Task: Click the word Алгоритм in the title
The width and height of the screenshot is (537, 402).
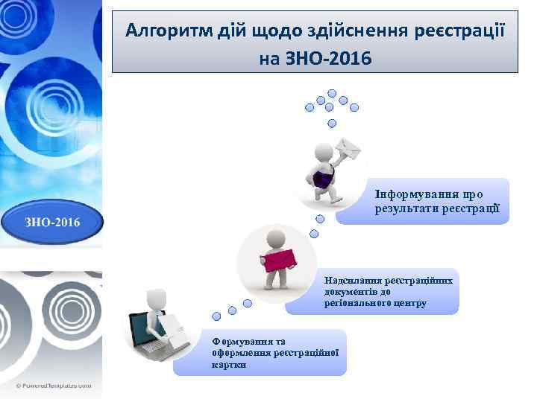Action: (161, 31)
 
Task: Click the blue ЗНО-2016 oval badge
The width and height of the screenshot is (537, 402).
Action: (51, 221)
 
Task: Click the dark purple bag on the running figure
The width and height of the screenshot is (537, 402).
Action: (322, 179)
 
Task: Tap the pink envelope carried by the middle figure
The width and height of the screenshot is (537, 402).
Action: (280, 259)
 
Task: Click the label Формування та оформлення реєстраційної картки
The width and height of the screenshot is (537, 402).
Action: (275, 353)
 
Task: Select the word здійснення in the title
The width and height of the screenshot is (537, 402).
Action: (356, 31)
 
